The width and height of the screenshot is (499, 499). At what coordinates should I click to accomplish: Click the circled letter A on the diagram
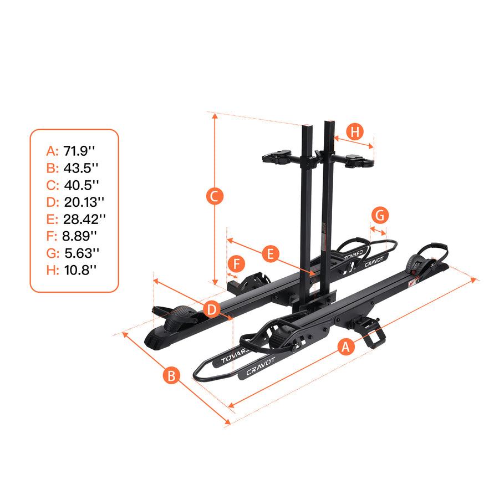[345, 348]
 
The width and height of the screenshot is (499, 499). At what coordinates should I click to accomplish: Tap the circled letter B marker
[172, 375]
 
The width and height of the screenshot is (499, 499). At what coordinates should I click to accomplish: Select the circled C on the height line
[215, 196]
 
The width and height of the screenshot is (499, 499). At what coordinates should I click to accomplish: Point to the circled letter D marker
[211, 310]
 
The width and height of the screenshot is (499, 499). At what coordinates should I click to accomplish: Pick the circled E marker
[270, 254]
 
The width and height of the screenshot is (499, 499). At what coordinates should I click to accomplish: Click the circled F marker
[236, 264]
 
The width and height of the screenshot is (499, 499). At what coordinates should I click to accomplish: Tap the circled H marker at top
[355, 132]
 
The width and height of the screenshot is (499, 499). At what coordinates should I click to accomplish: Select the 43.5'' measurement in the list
[80, 167]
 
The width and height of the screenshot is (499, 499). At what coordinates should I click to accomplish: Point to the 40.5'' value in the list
[81, 184]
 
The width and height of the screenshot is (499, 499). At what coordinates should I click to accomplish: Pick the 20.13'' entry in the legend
[84, 201]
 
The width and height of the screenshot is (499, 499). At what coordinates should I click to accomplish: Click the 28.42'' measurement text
[84, 218]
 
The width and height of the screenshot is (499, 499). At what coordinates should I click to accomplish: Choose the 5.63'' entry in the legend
[81, 253]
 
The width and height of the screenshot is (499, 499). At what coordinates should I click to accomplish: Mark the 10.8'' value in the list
[79, 270]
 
